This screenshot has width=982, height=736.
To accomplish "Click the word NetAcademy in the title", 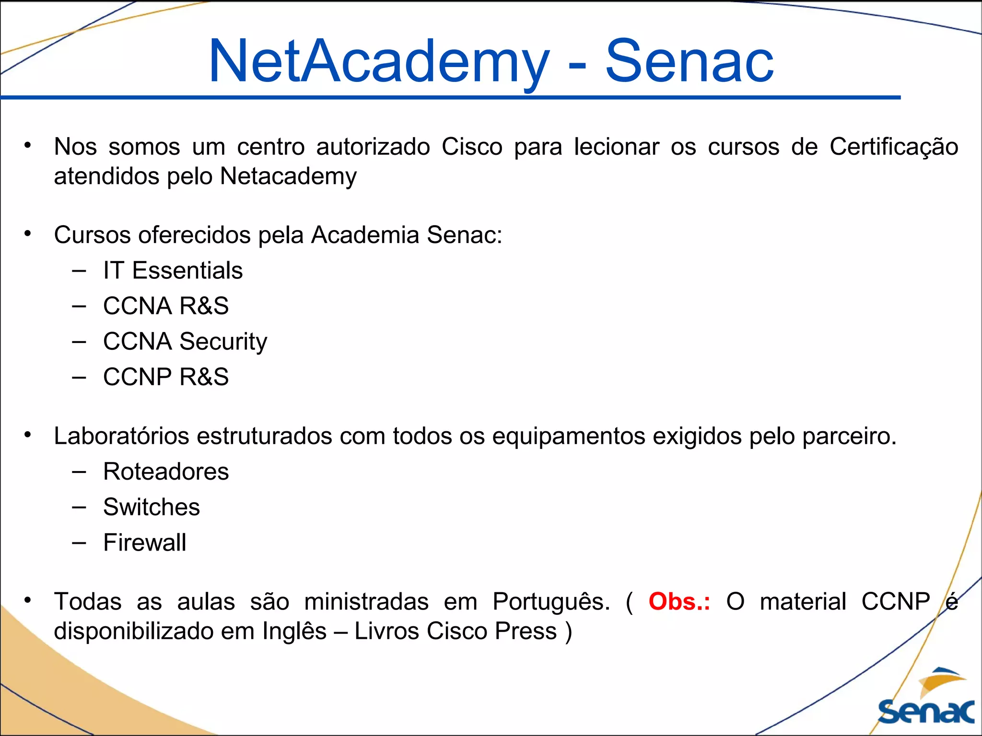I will pos(379,61).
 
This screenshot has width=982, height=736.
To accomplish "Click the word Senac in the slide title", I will pos(689,61).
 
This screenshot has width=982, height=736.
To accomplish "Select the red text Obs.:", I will pos(679,602).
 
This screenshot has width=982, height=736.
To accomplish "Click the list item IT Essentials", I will pos(173,270).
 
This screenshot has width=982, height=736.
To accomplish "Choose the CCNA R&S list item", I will pos(166,306).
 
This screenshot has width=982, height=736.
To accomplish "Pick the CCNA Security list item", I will pos(185,342).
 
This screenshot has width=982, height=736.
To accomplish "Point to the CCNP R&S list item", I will pos(166,377).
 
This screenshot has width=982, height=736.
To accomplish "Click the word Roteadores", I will pos(166,471).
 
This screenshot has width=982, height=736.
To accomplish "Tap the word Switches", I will pos(152,507).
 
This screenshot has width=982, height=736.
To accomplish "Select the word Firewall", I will pos(145,542).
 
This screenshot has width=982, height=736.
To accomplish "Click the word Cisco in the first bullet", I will pos(472,147).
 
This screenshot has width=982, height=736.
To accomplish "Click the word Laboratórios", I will pos(122,436).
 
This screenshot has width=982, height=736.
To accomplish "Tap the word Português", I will pos(551,602).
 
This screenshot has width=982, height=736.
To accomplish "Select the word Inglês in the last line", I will pos(294,631).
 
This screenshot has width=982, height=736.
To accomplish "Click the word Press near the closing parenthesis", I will pos(526,631).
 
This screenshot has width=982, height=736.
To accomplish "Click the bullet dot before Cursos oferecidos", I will pos(28,233).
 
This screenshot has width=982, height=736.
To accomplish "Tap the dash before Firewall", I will pos(79,543).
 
